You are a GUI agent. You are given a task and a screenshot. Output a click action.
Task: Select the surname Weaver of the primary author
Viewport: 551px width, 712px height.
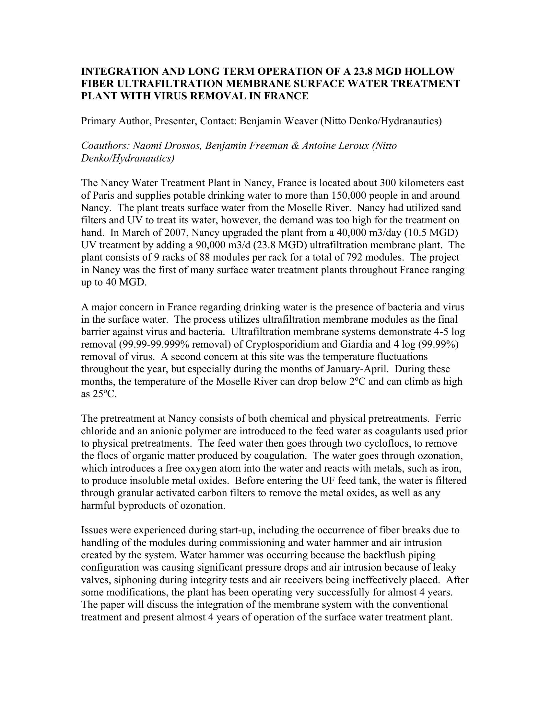301,121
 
